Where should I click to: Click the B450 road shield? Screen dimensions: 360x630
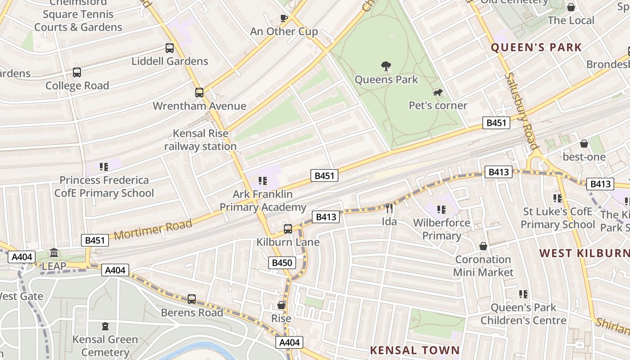282,263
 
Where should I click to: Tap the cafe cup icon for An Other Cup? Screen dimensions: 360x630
283,18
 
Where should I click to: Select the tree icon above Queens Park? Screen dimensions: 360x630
386,66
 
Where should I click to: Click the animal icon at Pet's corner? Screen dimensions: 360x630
437,93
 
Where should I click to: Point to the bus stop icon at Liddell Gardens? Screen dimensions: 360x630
170,48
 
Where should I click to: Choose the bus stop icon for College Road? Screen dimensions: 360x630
77,72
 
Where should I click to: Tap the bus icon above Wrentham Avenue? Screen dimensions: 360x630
199,93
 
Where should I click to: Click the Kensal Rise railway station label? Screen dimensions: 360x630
200,140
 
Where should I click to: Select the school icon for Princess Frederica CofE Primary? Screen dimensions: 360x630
104,167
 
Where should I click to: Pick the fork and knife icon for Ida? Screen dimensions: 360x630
389,208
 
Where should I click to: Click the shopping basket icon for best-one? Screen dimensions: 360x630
584,144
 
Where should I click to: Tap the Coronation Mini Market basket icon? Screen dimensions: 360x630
483,246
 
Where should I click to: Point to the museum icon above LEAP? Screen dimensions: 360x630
54,253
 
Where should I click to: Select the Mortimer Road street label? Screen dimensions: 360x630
153,229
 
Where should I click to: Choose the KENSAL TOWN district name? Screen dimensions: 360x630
415,350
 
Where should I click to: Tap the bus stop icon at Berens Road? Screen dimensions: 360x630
192,299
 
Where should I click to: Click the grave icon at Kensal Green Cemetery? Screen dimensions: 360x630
105,326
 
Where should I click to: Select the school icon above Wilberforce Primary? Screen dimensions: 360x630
441,209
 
